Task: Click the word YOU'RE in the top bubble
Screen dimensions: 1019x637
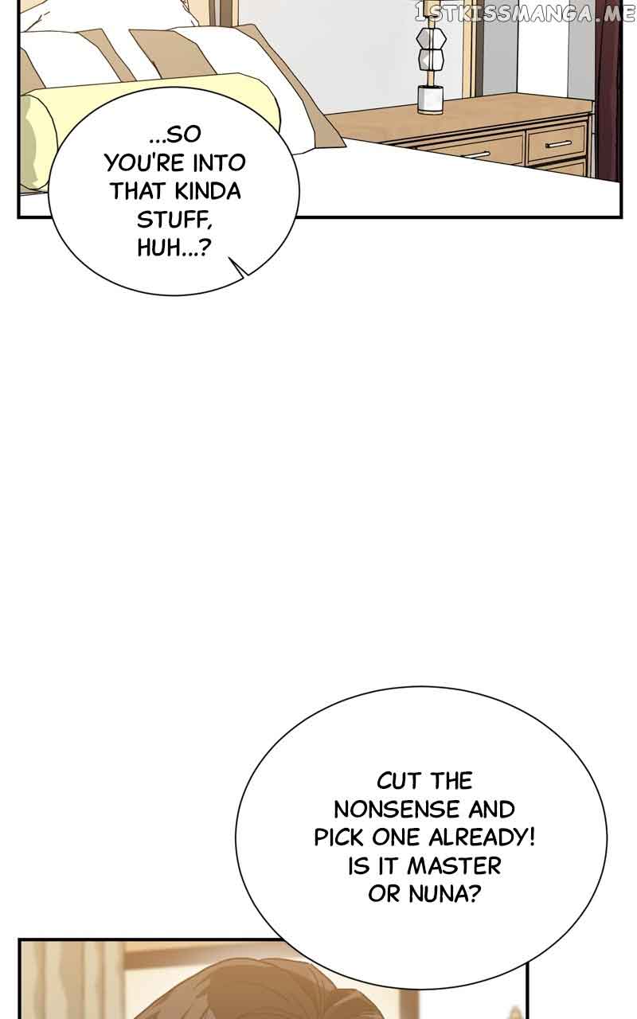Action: click(140, 163)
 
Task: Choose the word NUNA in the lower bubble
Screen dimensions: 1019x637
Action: click(444, 894)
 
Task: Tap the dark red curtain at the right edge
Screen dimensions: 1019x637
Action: click(612, 96)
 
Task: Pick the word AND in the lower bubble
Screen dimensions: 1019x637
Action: click(491, 810)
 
